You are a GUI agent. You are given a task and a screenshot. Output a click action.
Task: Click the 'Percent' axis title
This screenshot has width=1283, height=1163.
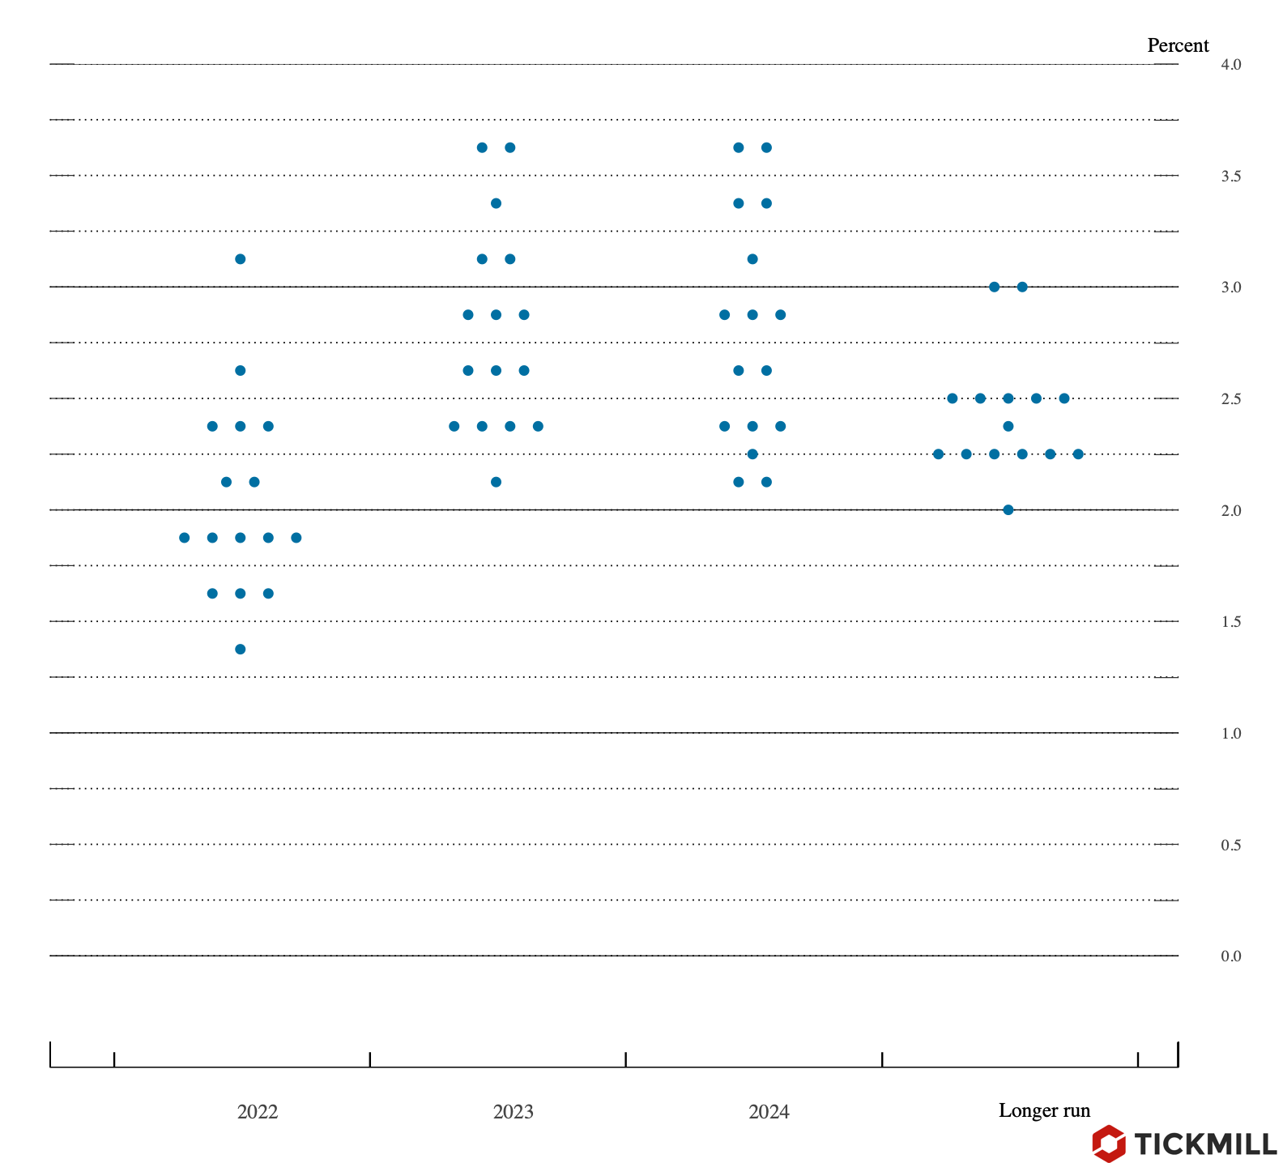point(1178,45)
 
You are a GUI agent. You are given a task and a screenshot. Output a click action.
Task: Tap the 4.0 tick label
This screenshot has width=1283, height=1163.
point(1230,65)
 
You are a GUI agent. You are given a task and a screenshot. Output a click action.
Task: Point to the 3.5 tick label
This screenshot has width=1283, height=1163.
point(1230,177)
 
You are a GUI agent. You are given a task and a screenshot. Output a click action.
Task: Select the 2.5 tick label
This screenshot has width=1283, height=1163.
point(1230,399)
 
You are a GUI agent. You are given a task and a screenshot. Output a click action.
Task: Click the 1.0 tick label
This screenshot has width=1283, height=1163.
point(1230,734)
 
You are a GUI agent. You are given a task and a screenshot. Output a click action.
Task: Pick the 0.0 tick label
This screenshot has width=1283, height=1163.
point(1230,956)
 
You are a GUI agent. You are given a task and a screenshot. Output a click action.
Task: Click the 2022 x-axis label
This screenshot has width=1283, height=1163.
point(258,1112)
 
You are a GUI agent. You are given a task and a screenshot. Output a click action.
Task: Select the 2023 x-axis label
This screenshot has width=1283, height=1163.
point(514,1112)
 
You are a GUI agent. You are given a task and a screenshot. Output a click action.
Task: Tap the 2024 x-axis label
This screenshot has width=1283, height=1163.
point(769,1112)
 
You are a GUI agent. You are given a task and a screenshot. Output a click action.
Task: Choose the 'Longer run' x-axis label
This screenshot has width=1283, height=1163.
point(1044,1110)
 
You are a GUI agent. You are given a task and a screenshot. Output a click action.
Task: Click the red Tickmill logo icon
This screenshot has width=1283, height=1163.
point(1108,1144)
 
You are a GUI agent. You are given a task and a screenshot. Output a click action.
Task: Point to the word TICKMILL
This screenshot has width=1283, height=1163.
point(1205,1144)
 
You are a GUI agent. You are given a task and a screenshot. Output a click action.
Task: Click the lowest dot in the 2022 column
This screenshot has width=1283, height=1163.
point(241,649)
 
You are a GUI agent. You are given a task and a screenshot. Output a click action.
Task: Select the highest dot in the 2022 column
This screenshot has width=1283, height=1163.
point(241,259)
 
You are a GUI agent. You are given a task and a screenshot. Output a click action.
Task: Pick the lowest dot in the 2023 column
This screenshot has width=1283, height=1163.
point(497,482)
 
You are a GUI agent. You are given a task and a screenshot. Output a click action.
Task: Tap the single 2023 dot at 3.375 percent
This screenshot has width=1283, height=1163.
point(497,203)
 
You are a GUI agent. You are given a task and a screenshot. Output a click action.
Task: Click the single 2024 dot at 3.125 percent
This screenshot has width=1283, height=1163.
point(752,259)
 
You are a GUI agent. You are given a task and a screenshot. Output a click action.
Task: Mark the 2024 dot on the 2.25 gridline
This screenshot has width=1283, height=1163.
point(752,454)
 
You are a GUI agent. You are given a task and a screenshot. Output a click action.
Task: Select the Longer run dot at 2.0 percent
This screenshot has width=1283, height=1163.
point(1008,509)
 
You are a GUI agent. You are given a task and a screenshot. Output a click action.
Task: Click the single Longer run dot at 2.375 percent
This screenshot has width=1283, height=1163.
point(1008,426)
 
